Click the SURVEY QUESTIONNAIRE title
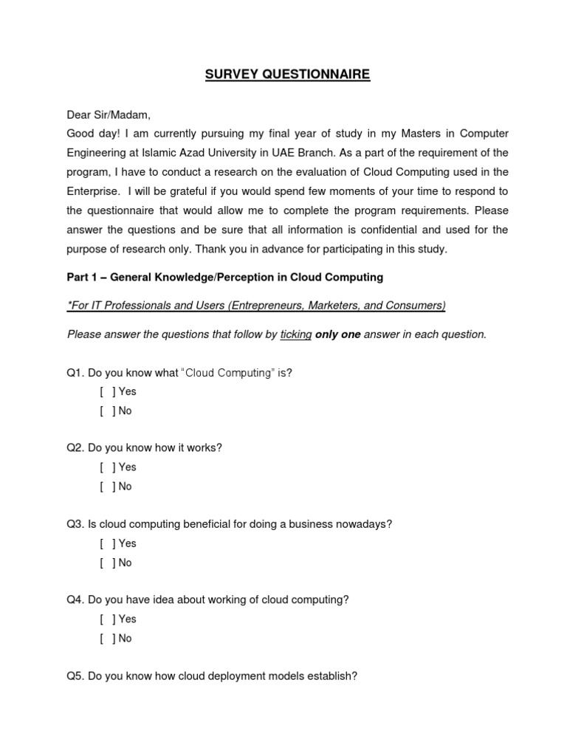[x=287, y=75]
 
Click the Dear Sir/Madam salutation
[x=109, y=114]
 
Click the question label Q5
[x=75, y=676]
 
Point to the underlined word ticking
[x=296, y=334]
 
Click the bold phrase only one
[x=338, y=334]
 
